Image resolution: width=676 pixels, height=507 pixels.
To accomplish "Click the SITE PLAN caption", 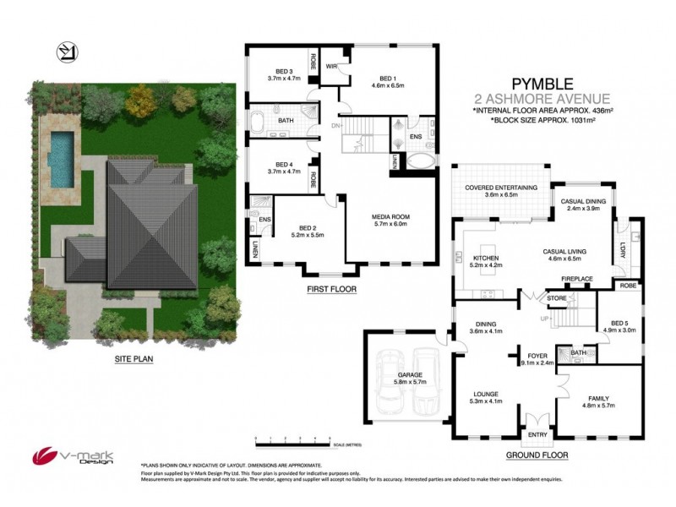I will [x=134, y=357].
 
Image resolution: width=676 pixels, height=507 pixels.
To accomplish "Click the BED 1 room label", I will [x=389, y=81].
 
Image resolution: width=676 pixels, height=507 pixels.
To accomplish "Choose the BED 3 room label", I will [x=284, y=74].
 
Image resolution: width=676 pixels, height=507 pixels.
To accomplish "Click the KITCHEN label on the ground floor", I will [x=488, y=261].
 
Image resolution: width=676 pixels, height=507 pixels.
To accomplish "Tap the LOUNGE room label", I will [x=486, y=397].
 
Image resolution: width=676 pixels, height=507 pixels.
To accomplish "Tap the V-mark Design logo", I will [x=63, y=455].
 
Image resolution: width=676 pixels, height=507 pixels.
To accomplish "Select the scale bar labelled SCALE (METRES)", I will [x=296, y=440].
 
